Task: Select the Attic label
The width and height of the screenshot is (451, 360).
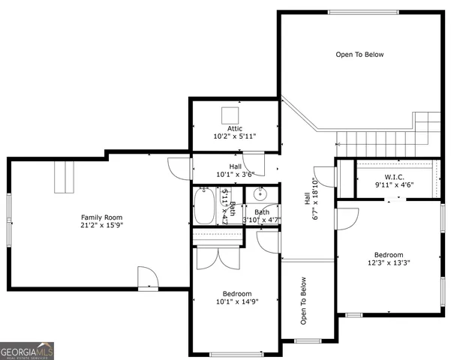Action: coord(235,128)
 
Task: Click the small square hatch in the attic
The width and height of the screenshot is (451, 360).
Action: coord(230,113)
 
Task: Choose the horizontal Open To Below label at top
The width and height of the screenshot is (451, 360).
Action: coord(359,54)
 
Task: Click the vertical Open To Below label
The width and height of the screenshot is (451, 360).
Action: coord(304,301)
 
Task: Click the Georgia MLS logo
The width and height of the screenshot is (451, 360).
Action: coord(27,350)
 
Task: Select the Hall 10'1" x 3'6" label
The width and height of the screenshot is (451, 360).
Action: coord(235,170)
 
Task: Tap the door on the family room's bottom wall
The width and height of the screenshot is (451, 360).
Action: coord(148,280)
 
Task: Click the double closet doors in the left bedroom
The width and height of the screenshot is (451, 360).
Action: coord(218,257)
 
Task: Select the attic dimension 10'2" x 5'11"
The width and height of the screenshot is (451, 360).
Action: coord(235,136)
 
